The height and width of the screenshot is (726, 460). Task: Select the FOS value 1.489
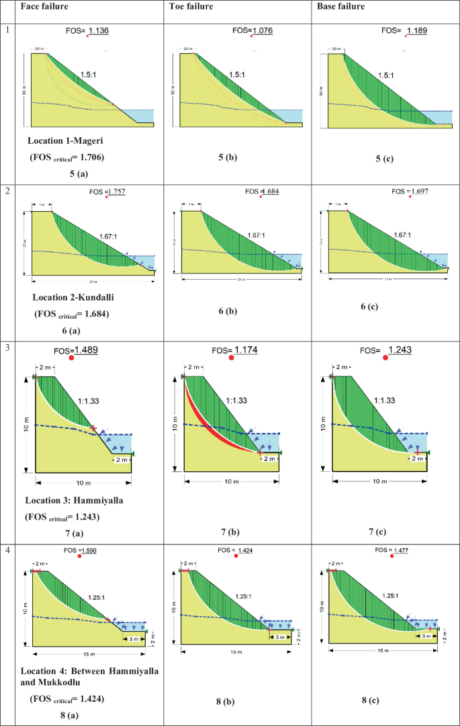click(86, 350)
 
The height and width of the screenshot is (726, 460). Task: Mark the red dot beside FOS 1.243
click(385, 358)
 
